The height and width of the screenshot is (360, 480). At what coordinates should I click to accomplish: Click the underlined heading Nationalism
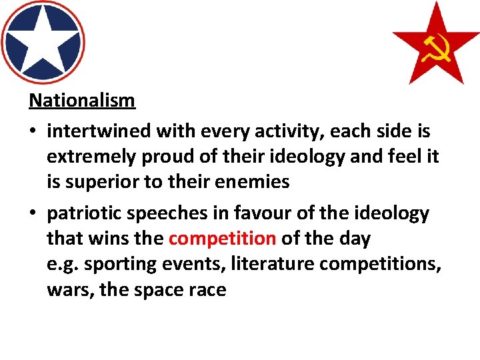tap(82, 101)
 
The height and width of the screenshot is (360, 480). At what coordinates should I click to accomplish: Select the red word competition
tap(223, 238)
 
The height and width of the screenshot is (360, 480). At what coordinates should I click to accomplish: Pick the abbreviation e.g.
tap(61, 263)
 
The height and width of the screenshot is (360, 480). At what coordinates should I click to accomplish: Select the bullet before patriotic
tap(33, 214)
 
